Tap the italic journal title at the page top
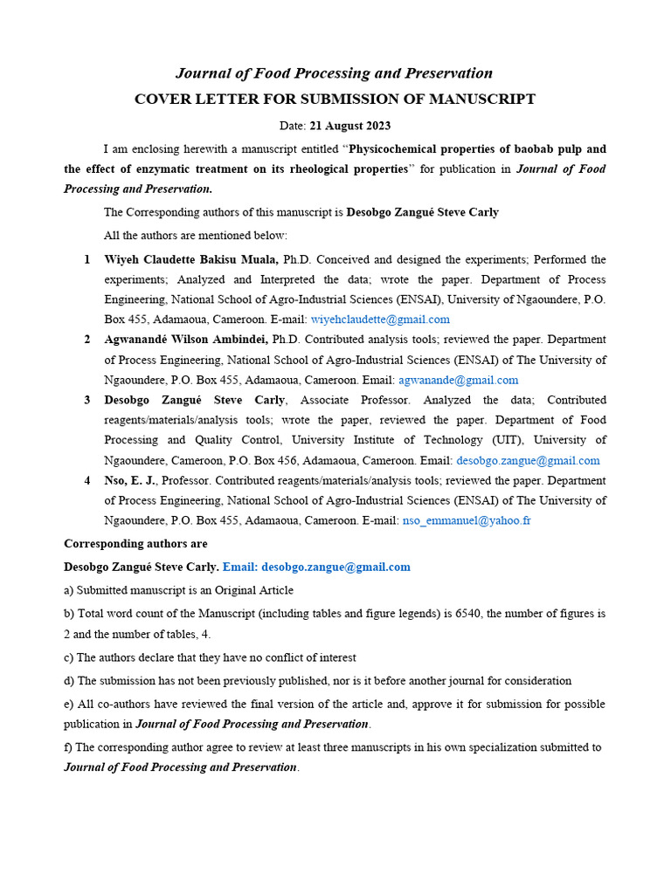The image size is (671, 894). click(335, 73)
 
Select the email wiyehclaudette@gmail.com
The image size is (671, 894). click(380, 320)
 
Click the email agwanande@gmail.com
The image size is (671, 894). click(458, 380)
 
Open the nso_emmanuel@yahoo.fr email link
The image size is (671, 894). click(467, 520)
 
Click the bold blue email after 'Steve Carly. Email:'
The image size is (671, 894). click(335, 567)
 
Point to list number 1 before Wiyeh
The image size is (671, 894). click(87, 259)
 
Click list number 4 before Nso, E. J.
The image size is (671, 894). click(87, 480)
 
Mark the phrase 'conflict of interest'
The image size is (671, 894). click(303, 657)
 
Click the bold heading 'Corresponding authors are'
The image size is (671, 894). click(135, 543)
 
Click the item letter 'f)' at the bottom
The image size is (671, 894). click(69, 747)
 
